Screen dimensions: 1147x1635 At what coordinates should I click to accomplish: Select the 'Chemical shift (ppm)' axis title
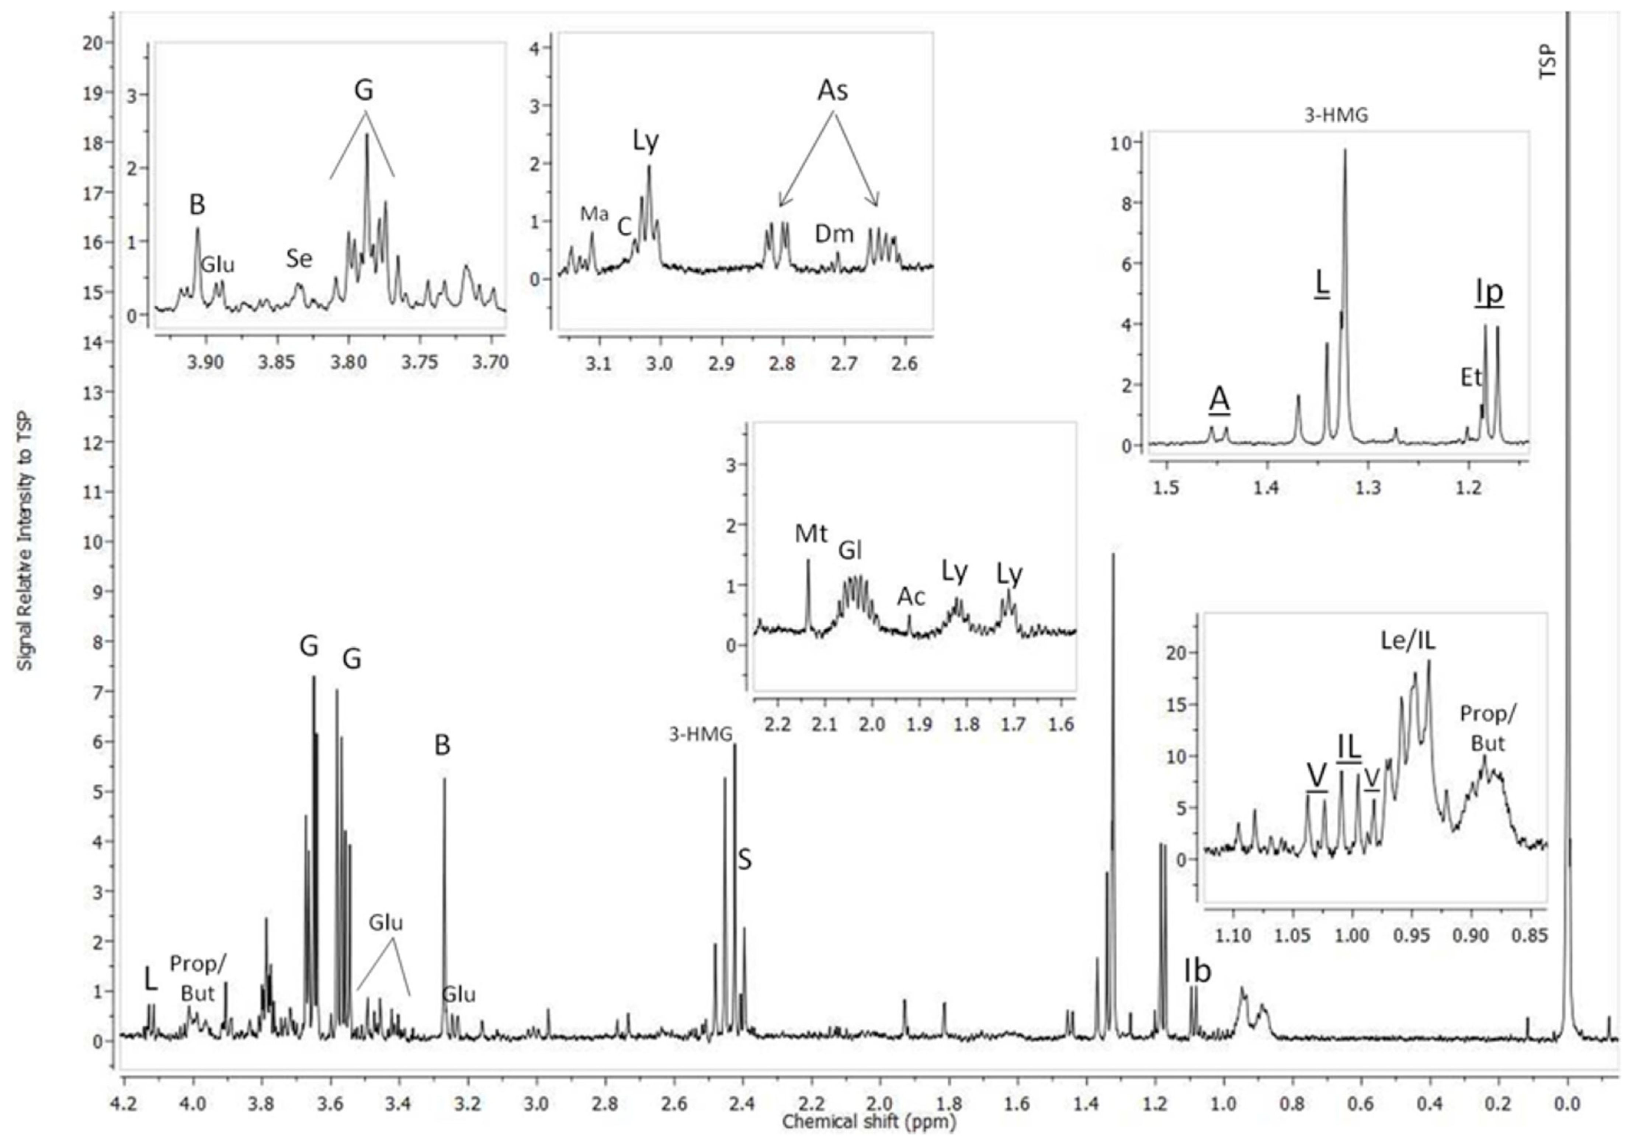pos(869,1122)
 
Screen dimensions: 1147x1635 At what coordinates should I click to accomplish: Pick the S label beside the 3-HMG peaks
pos(744,860)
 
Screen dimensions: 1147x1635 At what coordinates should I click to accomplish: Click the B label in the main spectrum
pos(442,745)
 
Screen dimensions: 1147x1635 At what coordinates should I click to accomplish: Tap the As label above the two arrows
pos(833,90)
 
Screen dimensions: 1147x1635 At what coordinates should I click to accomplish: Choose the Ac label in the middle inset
pos(911,597)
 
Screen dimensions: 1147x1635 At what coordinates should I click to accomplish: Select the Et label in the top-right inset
pos(1471,377)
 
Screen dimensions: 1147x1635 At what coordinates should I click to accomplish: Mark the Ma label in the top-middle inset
pos(594,213)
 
